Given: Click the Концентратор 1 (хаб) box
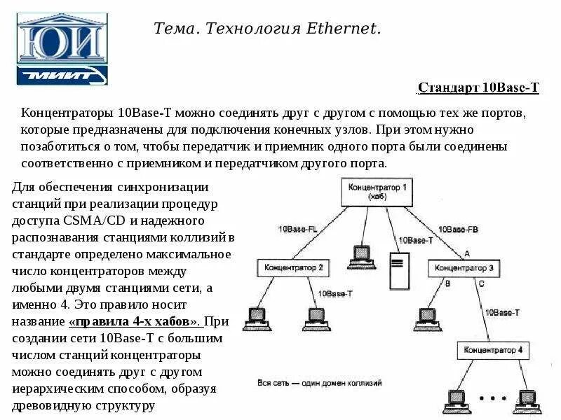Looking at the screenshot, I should (x=378, y=192).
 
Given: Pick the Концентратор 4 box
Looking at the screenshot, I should (x=494, y=349).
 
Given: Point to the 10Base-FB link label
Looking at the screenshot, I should (x=457, y=229).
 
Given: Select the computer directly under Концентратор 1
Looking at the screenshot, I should (x=362, y=255).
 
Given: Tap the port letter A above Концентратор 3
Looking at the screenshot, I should (x=467, y=253).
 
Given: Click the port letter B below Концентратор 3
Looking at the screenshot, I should (x=447, y=283).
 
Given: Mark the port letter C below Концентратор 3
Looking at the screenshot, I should (x=480, y=283).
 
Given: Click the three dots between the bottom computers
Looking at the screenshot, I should (x=492, y=398).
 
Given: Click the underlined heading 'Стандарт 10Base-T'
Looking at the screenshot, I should (x=478, y=87).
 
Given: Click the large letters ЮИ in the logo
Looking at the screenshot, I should (x=62, y=43).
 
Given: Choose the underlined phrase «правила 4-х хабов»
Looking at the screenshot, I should (x=135, y=321).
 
